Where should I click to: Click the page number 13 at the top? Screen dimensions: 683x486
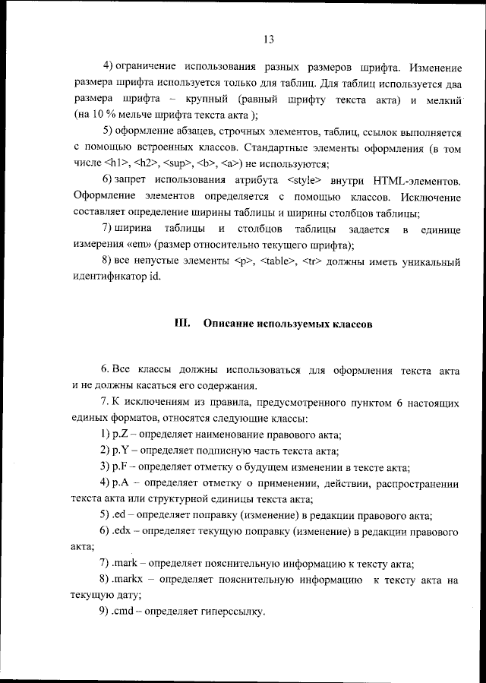coord(268,40)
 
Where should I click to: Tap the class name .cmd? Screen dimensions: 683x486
coord(125,612)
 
